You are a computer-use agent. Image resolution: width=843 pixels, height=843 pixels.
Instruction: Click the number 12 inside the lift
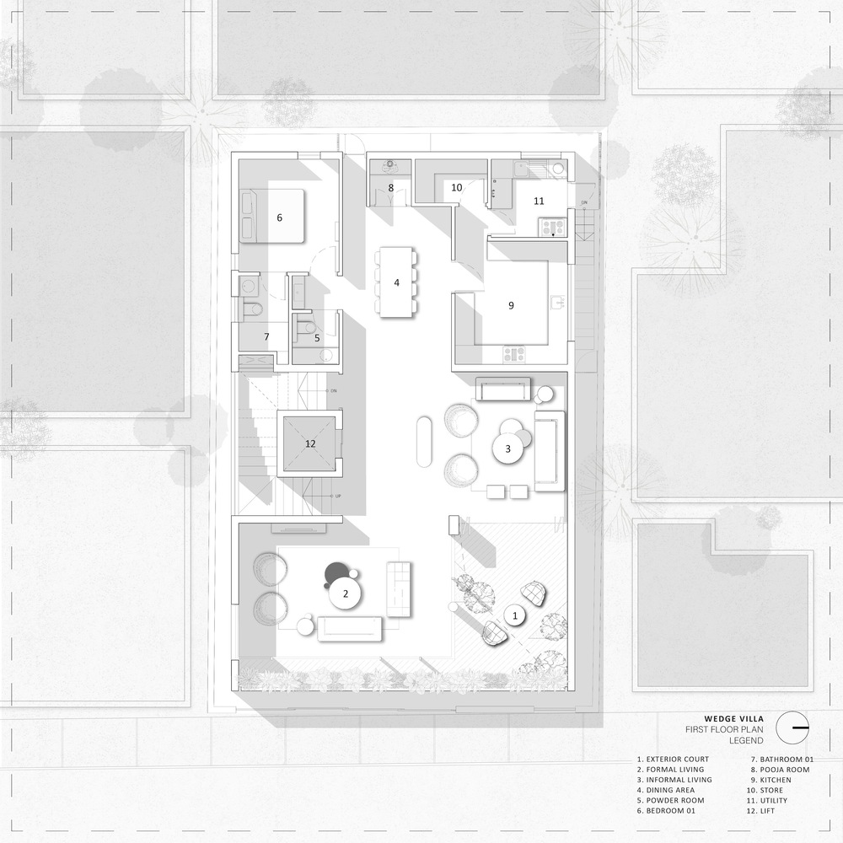[310, 443]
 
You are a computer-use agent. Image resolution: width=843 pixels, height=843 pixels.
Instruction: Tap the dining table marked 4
[397, 282]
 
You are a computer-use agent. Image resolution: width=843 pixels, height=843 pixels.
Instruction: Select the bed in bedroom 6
[272, 216]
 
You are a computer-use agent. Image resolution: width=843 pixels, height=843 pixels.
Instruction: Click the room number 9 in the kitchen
[512, 305]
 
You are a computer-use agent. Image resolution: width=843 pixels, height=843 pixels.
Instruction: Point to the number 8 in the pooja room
[391, 188]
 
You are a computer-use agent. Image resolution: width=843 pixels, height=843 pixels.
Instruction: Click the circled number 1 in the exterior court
[515, 615]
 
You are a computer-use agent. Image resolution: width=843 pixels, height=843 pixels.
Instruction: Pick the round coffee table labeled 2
[345, 593]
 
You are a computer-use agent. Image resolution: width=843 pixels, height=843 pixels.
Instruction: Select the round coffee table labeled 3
[508, 448]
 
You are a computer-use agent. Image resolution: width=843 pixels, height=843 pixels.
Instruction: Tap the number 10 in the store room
[456, 188]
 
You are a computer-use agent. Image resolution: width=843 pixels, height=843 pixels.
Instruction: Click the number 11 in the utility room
[539, 201]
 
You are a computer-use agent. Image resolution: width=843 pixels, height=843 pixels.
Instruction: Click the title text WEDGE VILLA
[734, 719]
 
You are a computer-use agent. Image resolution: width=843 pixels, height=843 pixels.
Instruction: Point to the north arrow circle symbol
[792, 728]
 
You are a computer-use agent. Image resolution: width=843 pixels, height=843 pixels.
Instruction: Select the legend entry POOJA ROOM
[784, 770]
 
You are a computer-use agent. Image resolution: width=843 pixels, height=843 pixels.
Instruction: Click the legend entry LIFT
[767, 811]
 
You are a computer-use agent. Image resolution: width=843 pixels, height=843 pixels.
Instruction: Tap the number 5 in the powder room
[317, 338]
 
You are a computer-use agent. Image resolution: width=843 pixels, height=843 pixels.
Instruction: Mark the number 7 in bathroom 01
[266, 336]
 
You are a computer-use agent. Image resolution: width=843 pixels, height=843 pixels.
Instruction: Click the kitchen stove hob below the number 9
[514, 354]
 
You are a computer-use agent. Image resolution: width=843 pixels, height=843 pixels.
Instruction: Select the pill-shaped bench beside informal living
[424, 442]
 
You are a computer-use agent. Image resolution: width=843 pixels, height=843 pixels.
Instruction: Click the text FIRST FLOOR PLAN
[724, 729]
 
